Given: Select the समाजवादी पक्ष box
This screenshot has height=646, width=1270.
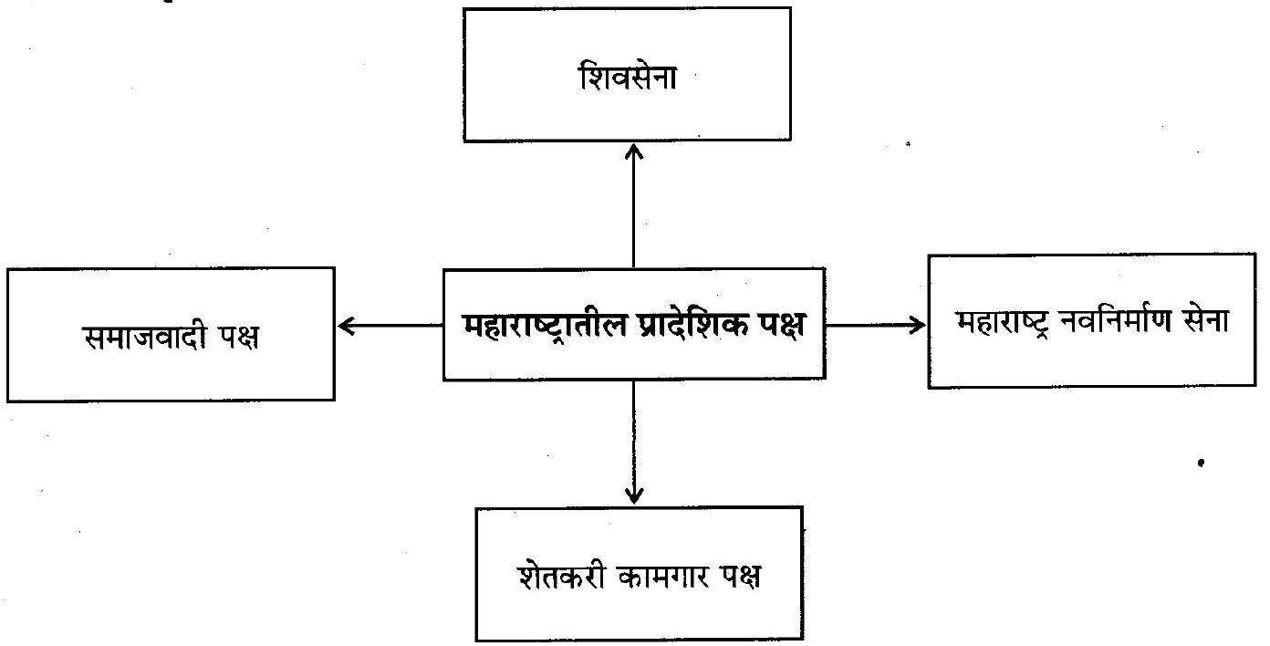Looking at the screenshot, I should pyautogui.click(x=171, y=333).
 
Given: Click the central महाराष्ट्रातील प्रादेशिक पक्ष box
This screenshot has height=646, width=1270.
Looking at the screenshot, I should pyautogui.click(x=633, y=324).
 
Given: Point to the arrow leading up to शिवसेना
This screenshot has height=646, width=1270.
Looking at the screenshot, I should pyautogui.click(x=632, y=205).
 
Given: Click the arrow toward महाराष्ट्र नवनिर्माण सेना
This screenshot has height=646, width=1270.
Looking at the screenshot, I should pyautogui.click(x=876, y=324).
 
